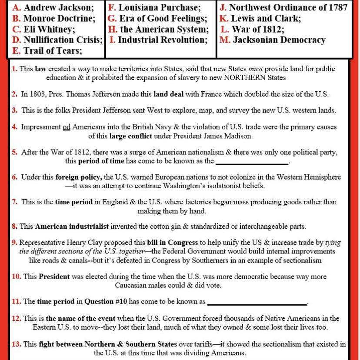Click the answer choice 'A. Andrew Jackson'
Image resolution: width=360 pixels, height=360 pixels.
tap(53, 7)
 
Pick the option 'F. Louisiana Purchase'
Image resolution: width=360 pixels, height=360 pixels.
tap(154, 7)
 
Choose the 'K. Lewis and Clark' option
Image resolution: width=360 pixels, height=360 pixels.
tap(260, 18)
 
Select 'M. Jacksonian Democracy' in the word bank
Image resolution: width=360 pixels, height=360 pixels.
tap(273, 40)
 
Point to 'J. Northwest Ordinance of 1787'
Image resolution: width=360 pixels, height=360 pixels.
tap(283, 7)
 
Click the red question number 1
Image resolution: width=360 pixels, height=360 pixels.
tap(15, 69)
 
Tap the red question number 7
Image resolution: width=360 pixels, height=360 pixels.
tap(15, 202)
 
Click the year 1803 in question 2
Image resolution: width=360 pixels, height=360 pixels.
tap(37, 94)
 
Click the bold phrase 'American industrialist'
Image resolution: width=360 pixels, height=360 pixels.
tap(72, 227)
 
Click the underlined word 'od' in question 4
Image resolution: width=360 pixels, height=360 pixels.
tap(66, 127)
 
